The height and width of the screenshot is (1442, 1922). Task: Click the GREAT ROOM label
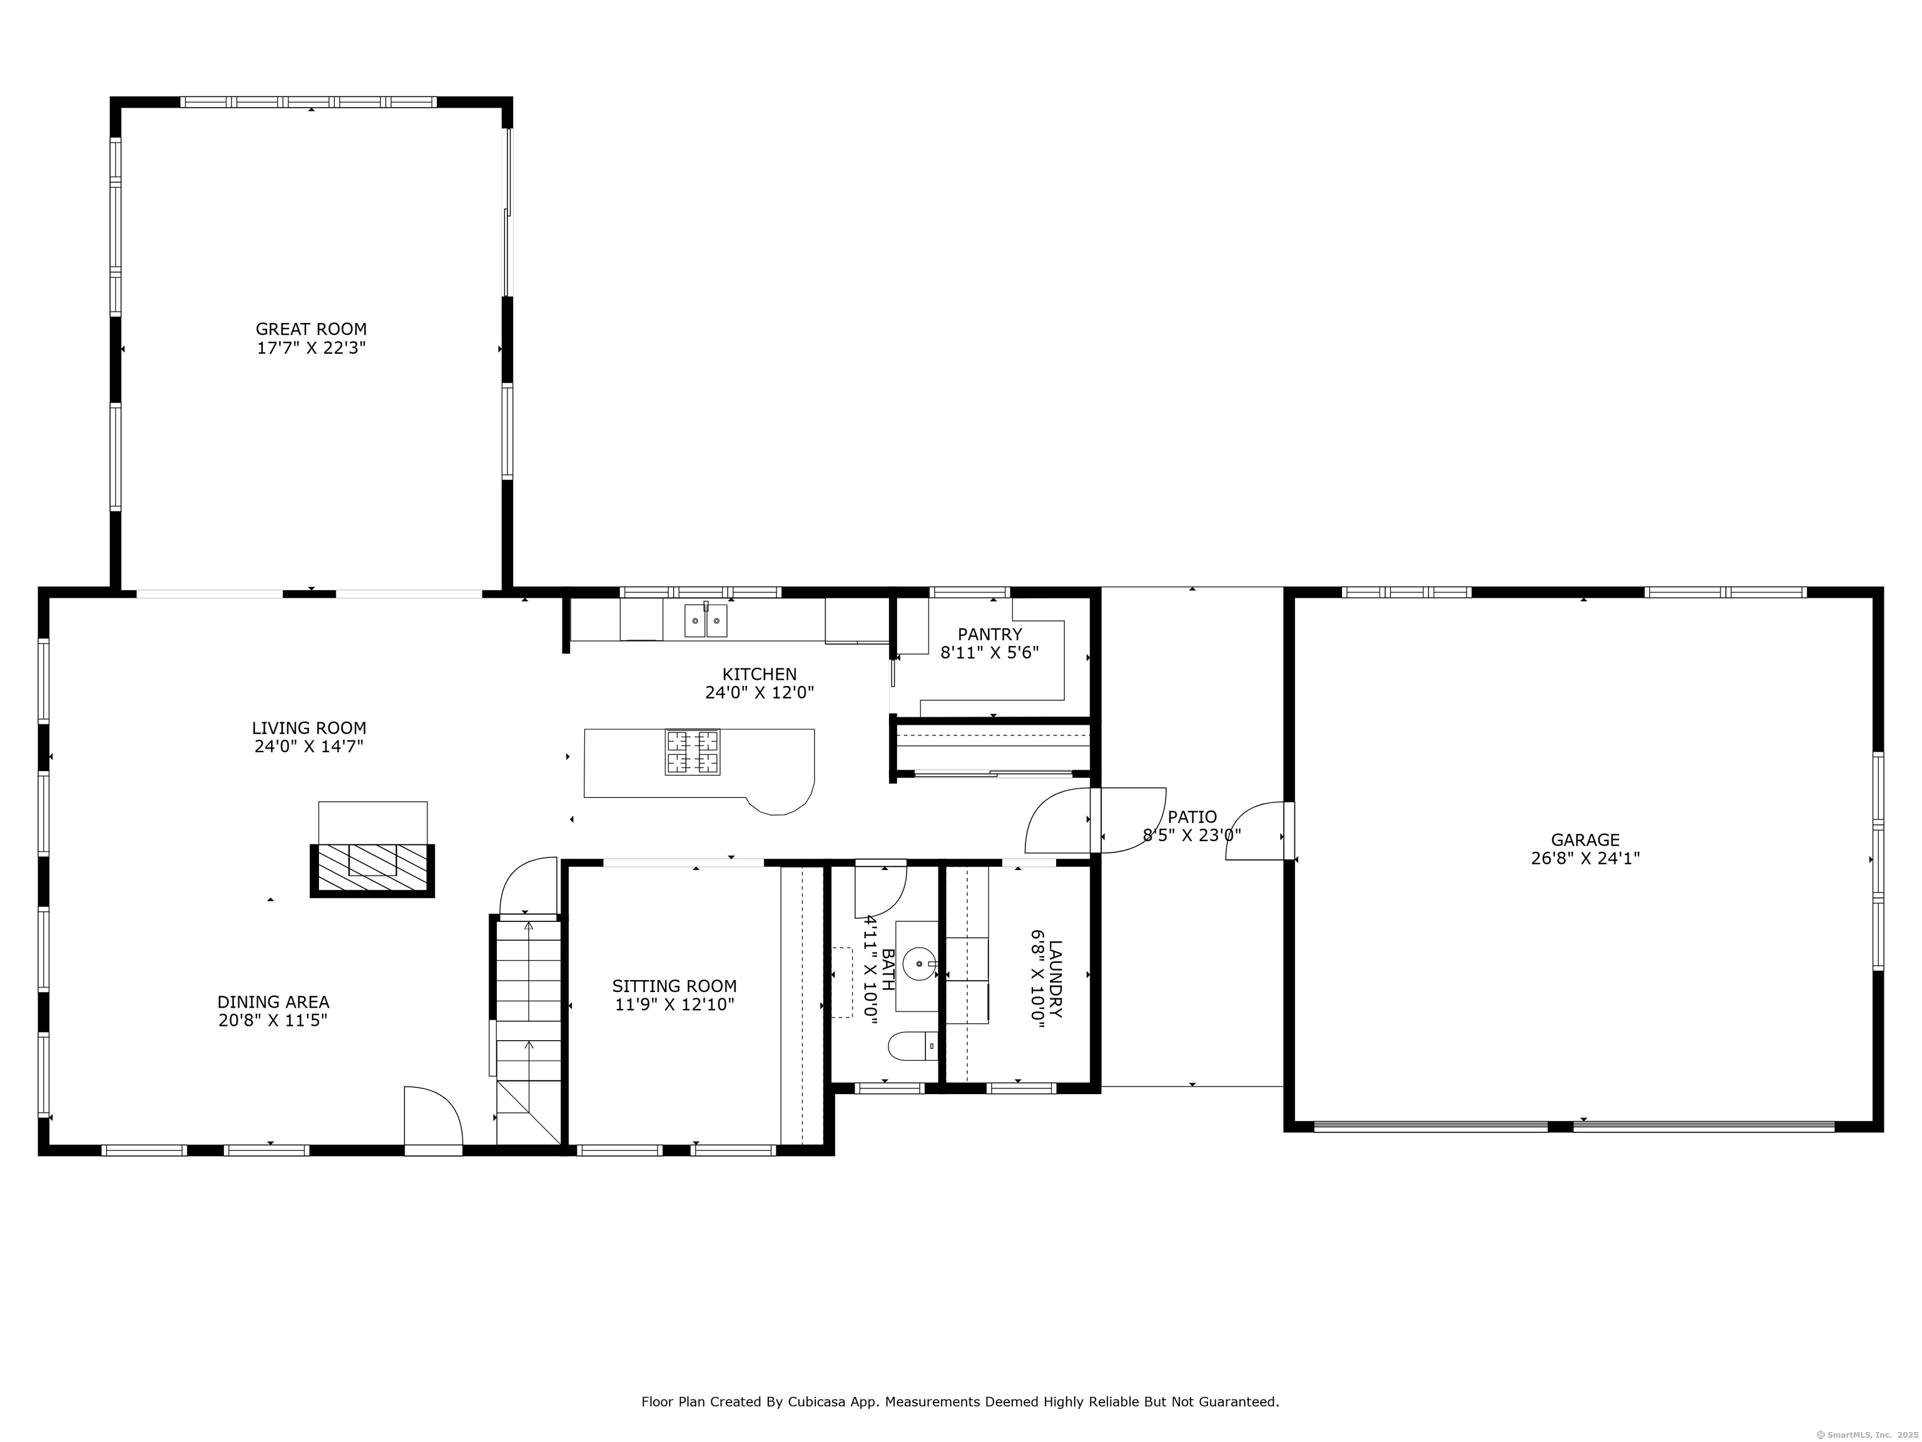tap(311, 329)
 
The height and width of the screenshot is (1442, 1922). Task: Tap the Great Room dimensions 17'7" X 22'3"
tap(311, 349)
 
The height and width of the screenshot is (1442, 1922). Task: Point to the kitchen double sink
tap(706, 621)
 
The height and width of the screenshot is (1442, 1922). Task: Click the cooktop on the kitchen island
tap(693, 752)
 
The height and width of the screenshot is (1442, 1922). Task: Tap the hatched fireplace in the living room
tap(373, 869)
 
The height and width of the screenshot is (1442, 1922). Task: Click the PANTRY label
tap(990, 635)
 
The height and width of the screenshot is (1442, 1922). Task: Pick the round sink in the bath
tap(919, 964)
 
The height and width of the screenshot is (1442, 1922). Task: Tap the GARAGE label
tap(1585, 840)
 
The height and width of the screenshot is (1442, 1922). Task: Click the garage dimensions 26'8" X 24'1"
tap(1585, 859)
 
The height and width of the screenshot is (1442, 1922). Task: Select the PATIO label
tap(1192, 817)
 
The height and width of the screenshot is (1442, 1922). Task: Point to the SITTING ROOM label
tap(674, 986)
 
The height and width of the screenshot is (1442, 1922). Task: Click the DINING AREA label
tap(273, 1002)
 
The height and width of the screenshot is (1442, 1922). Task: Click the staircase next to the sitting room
tap(528, 1026)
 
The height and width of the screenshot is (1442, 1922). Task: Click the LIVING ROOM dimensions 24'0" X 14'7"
tap(308, 747)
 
